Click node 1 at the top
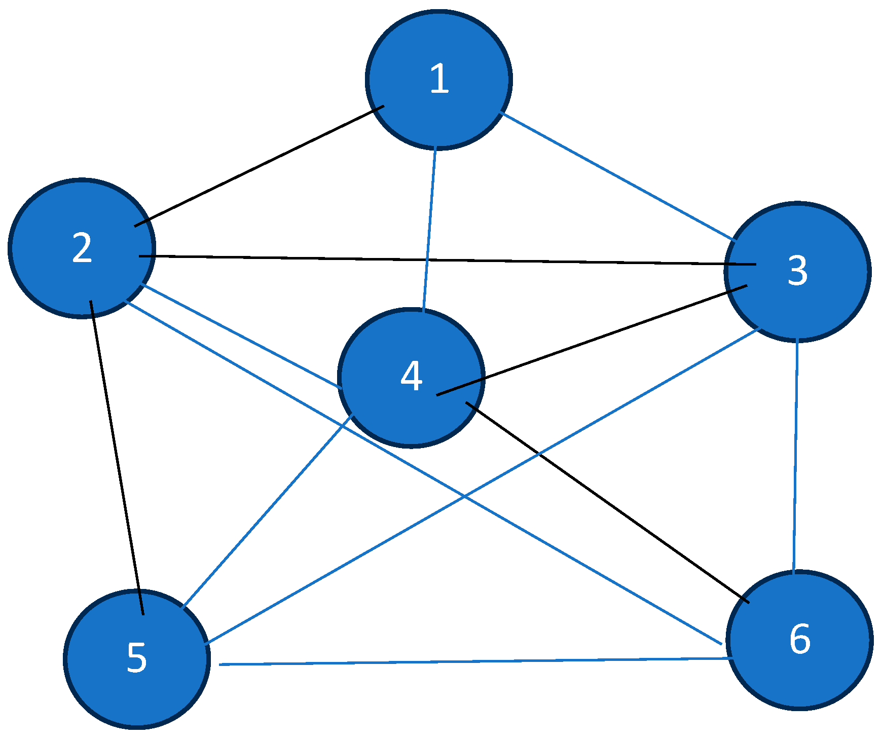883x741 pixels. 438,80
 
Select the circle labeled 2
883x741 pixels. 82,248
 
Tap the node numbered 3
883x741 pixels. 797,272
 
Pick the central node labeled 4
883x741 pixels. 411,378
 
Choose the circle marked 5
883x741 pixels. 137,658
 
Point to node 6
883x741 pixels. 799,640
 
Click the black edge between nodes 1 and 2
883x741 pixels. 259,166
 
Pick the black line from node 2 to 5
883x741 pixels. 117,456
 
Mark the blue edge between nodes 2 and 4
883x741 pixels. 242,336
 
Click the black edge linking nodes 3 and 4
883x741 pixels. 591,340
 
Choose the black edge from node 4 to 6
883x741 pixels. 607,502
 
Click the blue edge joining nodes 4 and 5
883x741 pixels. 268,510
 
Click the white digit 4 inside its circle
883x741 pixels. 411,377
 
